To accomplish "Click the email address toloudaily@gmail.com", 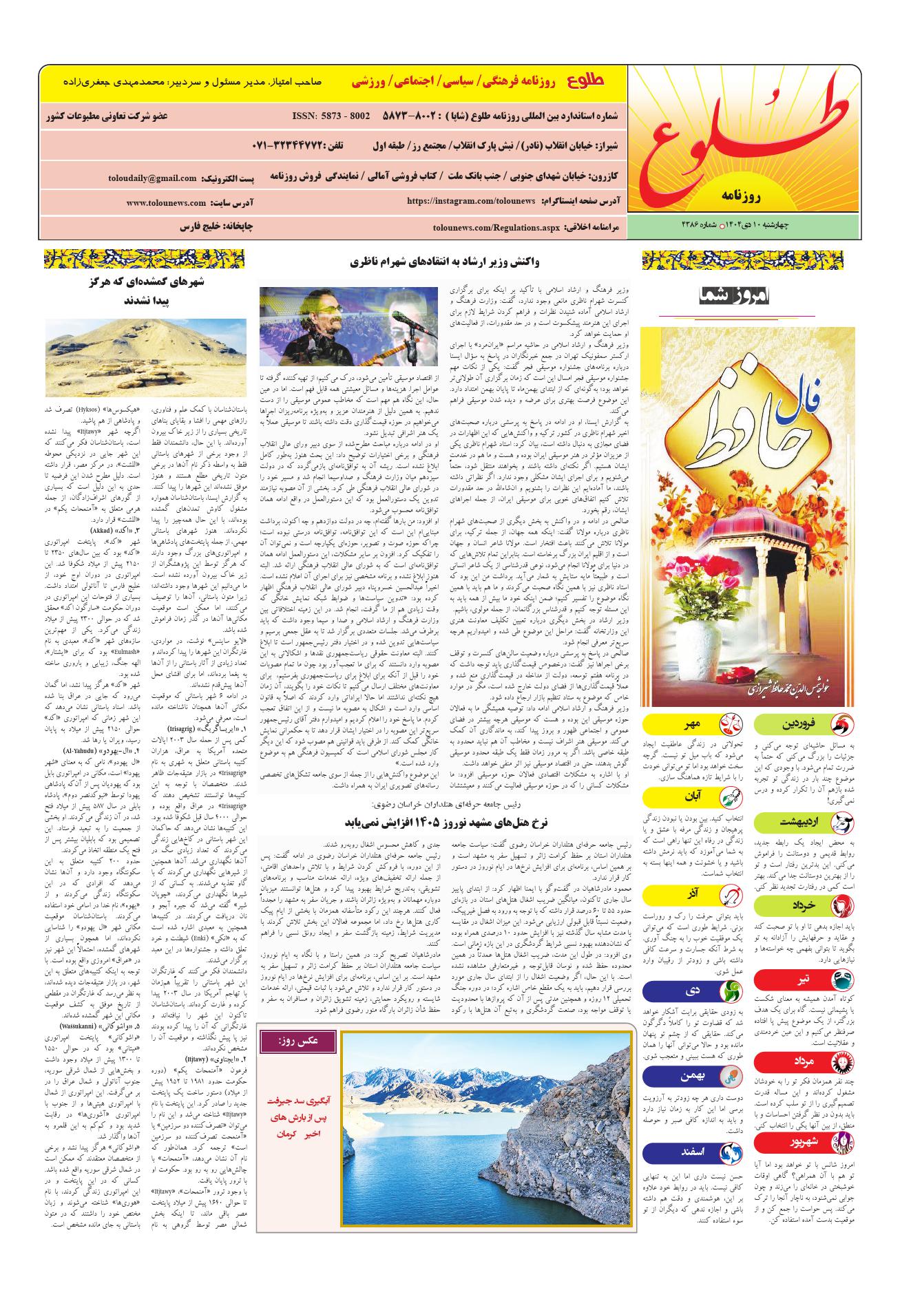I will click(152, 178).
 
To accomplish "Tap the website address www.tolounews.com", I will click(166, 203).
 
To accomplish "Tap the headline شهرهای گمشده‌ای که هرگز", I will click(145, 281).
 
